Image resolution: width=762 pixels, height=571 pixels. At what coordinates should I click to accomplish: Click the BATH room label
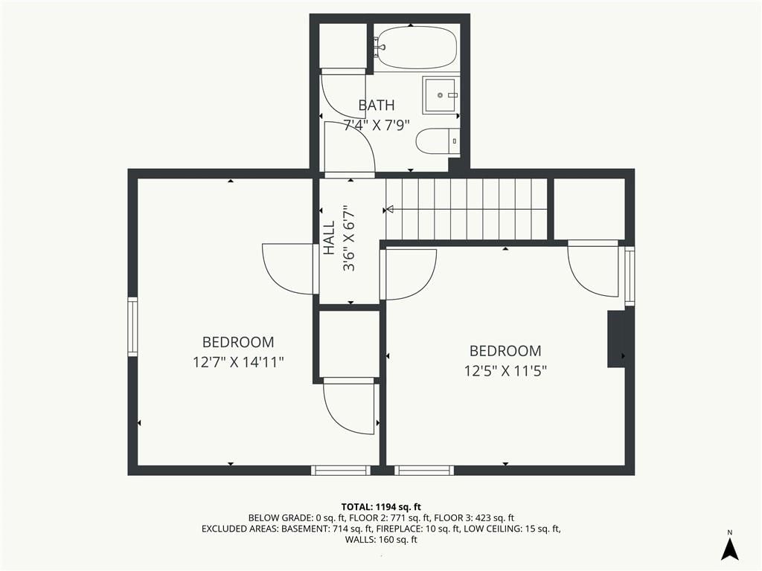(376, 105)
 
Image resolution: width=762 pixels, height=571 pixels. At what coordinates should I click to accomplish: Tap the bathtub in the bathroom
(417, 48)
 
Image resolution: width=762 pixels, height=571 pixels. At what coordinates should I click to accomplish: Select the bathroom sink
(441, 94)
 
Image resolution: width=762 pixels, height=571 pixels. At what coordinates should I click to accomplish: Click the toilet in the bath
(438, 141)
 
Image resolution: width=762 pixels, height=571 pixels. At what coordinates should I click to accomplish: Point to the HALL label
(329, 237)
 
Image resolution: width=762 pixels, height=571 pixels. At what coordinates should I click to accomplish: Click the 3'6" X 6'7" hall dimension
(348, 238)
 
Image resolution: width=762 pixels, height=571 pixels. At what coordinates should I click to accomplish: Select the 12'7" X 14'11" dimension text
(237, 362)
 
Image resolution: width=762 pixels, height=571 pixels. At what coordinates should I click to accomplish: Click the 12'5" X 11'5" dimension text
(505, 371)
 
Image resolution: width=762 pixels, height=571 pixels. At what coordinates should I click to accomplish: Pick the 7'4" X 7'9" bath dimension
(377, 125)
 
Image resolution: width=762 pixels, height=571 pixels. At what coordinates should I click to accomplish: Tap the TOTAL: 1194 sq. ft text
(381, 507)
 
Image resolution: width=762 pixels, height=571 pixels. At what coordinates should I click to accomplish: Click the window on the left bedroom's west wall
(132, 327)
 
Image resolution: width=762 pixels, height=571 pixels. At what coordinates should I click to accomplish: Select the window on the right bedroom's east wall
(630, 277)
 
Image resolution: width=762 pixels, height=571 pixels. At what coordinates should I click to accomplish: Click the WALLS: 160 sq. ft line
(381, 540)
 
